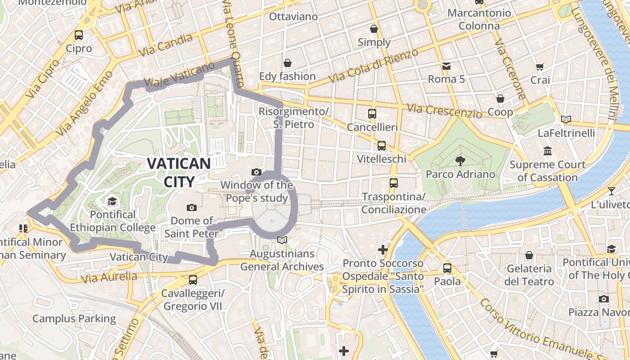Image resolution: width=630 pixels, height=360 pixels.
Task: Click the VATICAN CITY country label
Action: [179, 172]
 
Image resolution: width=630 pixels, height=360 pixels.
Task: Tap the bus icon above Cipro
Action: [79, 35]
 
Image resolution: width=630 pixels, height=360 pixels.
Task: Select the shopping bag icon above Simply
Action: [374, 29]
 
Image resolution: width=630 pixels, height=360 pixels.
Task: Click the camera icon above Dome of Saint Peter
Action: [192, 207]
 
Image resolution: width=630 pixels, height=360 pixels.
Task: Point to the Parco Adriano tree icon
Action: [460, 161]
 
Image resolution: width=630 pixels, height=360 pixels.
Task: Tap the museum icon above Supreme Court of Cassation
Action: [548, 151]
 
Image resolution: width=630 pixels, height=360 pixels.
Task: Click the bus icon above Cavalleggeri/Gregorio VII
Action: [193, 279]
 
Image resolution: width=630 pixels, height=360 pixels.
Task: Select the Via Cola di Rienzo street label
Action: [373, 66]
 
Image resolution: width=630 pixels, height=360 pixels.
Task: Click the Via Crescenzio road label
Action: [444, 111]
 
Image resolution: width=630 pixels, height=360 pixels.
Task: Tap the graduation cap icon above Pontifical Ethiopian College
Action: [112, 201]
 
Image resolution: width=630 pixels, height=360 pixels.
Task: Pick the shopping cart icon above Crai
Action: [540, 67]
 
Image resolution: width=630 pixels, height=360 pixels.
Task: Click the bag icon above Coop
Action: [500, 99]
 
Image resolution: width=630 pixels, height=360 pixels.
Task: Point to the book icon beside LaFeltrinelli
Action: [566, 120]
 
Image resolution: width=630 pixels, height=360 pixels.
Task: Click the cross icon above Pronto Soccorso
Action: [383, 249]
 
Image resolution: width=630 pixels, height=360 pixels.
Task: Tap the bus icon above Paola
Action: [447, 268]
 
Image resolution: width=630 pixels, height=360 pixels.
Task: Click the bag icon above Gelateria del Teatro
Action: [529, 255]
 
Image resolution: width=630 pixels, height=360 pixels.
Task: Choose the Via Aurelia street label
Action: [109, 278]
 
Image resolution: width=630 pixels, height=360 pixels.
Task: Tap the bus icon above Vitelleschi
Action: [382, 145]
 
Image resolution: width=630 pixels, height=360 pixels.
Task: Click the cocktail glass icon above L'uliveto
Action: [611, 191]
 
